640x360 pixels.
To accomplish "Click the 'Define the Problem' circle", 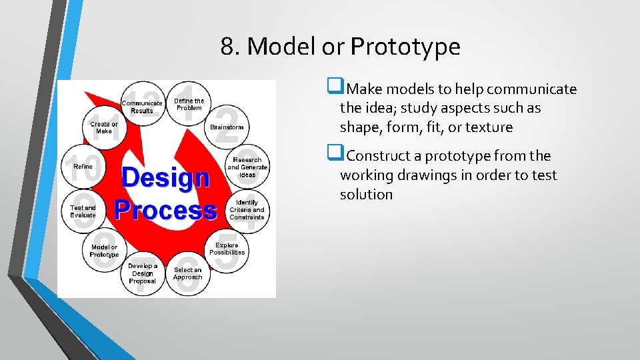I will [189, 105].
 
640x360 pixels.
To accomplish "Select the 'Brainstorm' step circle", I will [227, 127].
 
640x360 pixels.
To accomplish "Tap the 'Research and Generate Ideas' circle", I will [247, 167].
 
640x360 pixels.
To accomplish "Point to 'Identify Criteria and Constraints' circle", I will [247, 209].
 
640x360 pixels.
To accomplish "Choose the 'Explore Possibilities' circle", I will [227, 249].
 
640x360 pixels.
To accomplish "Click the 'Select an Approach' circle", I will [187, 273].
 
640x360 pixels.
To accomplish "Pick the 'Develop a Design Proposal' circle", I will [143, 273].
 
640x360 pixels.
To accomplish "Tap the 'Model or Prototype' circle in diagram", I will [104, 251].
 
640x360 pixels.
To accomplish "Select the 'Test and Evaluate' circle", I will [83, 211].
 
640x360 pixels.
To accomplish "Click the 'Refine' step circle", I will [83, 167].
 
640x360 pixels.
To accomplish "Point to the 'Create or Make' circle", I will [104, 127].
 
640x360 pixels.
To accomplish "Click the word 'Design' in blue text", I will [165, 178].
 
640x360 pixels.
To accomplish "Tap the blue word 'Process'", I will [165, 209].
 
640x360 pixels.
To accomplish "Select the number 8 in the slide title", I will [227, 47].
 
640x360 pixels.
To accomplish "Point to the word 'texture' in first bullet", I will [490, 127].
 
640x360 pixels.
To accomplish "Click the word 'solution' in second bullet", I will [366, 194].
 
